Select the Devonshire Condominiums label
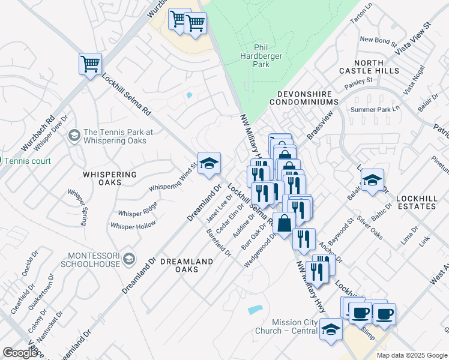308,98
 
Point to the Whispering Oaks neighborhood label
110,178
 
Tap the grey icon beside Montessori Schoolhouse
128,259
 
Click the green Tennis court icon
2,161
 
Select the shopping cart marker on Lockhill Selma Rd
90,64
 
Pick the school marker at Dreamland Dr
209,163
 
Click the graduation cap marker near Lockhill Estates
372,179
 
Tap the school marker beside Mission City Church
331,329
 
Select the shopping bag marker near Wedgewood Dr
284,223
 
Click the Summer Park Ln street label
375,109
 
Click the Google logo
20,352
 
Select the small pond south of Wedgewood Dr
255,310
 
